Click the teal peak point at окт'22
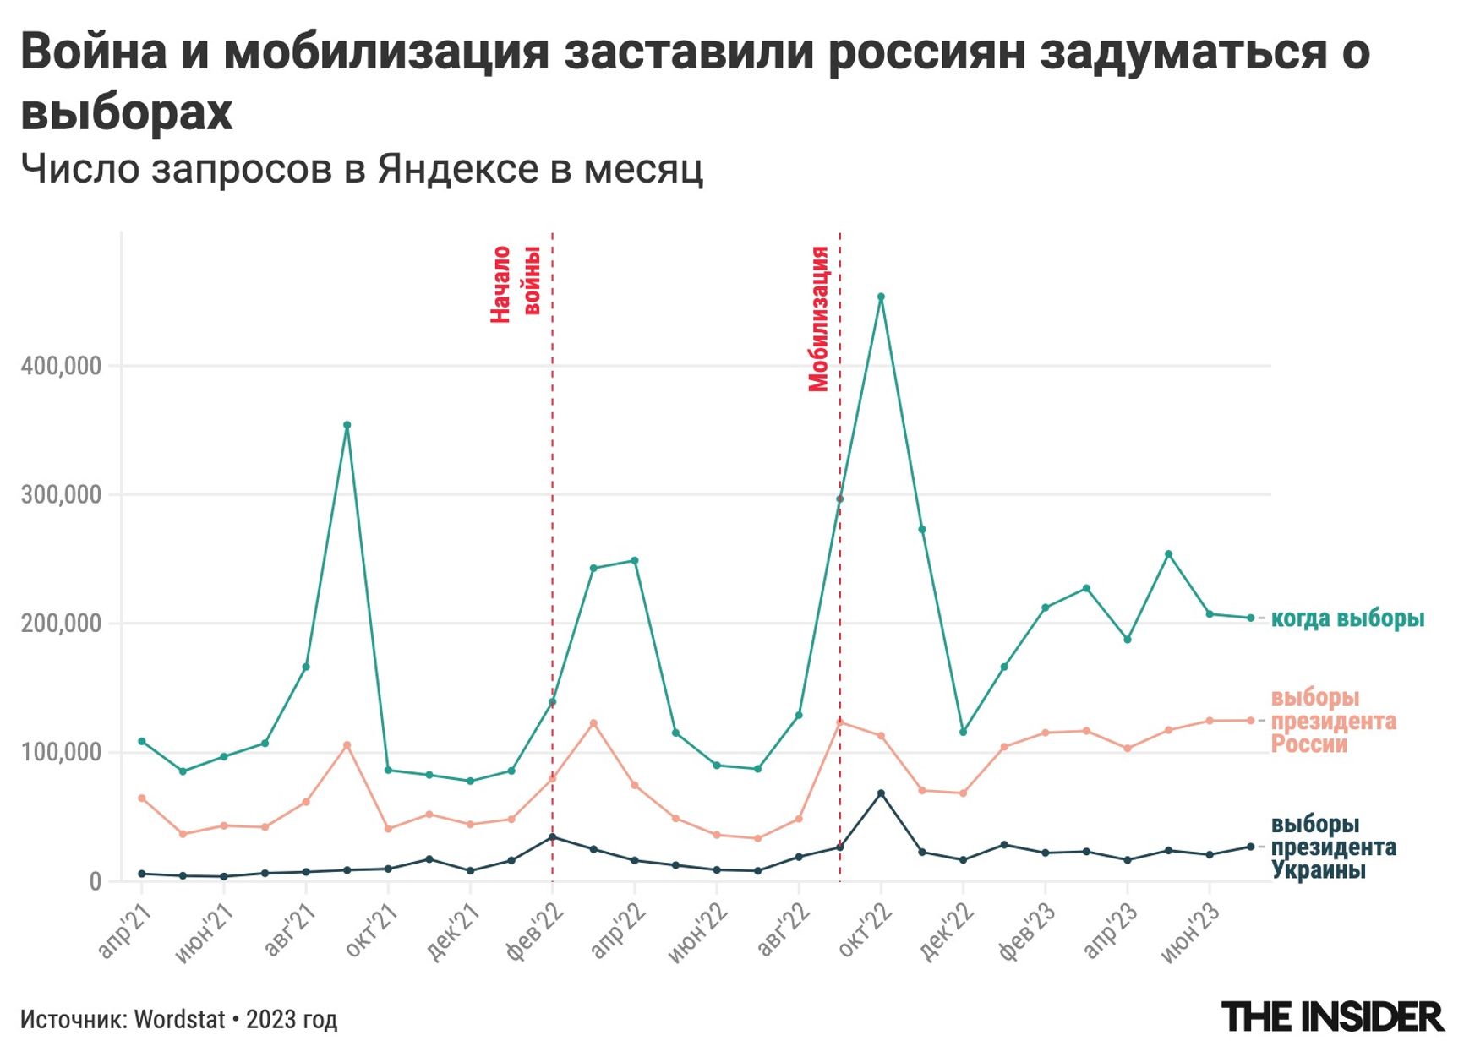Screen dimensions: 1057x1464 pos(881,297)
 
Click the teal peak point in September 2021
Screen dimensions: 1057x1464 pos(347,425)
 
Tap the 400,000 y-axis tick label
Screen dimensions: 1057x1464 pos(61,366)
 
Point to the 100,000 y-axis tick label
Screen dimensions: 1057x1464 pos(61,752)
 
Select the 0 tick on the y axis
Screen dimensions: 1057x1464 pos(95,881)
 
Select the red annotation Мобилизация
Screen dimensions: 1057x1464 pos(818,319)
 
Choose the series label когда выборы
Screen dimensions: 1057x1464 pos(1347,618)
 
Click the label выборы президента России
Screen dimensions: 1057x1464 pos(1333,721)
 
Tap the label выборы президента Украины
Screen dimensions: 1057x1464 pos(1333,847)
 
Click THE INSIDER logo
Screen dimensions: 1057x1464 pos(1332,1016)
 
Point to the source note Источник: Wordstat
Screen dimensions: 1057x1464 pos(178,1020)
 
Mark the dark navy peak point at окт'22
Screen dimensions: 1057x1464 pos(881,793)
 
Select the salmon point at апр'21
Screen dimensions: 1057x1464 pos(141,798)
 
